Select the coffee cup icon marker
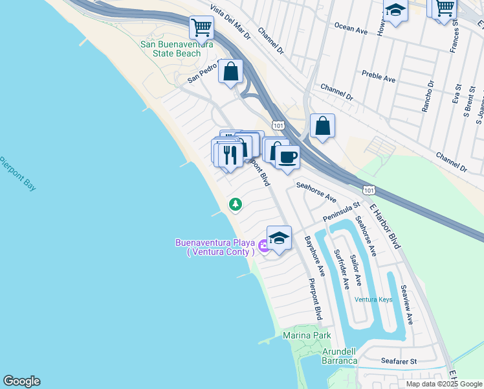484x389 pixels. click(287, 156)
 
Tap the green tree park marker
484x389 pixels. click(236, 205)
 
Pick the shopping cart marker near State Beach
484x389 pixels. click(201, 28)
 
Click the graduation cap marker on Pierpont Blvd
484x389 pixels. click(279, 239)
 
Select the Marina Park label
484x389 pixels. click(307, 335)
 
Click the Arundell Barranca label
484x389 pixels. click(340, 356)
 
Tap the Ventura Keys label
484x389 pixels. click(373, 299)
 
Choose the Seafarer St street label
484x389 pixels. click(399, 360)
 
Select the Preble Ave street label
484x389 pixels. click(379, 78)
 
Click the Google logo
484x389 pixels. click(21, 381)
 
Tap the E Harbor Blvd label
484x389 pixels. click(386, 226)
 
